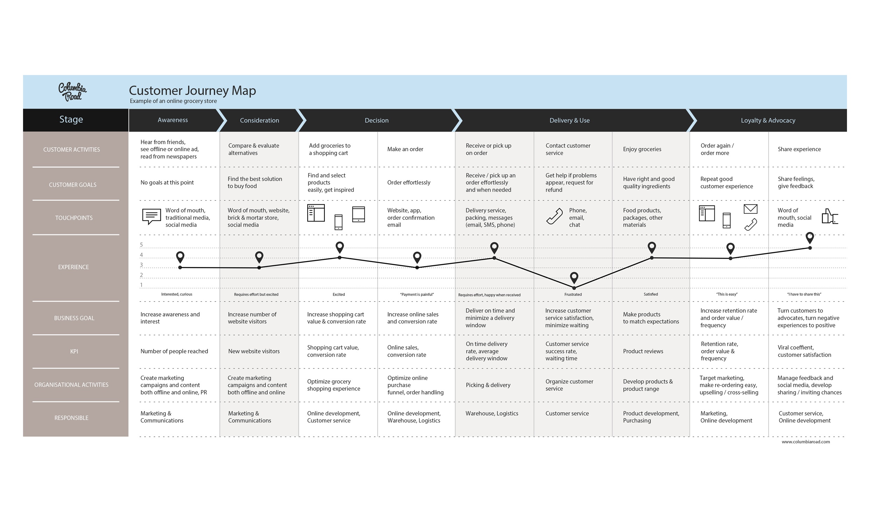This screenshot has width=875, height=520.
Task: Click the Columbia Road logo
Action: click(72, 92)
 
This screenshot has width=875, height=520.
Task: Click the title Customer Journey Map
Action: click(192, 90)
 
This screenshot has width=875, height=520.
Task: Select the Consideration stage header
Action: click(259, 120)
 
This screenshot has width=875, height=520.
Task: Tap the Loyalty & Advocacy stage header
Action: click(768, 120)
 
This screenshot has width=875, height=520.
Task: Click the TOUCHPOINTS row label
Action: click(74, 218)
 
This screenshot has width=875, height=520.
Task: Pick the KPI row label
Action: click(74, 351)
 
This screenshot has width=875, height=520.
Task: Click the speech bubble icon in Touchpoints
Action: click(152, 216)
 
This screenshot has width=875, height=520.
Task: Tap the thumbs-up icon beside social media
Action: click(829, 217)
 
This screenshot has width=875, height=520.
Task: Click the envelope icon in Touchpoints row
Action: click(750, 209)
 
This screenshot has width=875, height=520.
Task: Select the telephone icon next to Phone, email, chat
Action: click(554, 216)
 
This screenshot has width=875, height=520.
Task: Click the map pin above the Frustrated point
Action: click(574, 277)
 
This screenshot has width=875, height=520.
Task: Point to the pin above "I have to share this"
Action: click(810, 237)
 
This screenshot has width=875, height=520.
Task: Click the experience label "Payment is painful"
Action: click(416, 294)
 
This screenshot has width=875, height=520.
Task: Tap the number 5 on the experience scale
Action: click(141, 245)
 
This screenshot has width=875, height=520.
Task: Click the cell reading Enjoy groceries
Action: click(642, 149)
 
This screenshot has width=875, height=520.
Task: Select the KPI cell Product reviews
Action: click(643, 351)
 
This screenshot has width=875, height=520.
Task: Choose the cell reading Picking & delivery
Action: click(488, 385)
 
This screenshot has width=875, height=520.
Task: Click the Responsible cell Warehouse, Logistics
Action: click(492, 414)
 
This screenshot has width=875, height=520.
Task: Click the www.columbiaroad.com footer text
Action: click(806, 442)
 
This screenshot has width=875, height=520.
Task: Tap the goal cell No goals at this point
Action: click(167, 183)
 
